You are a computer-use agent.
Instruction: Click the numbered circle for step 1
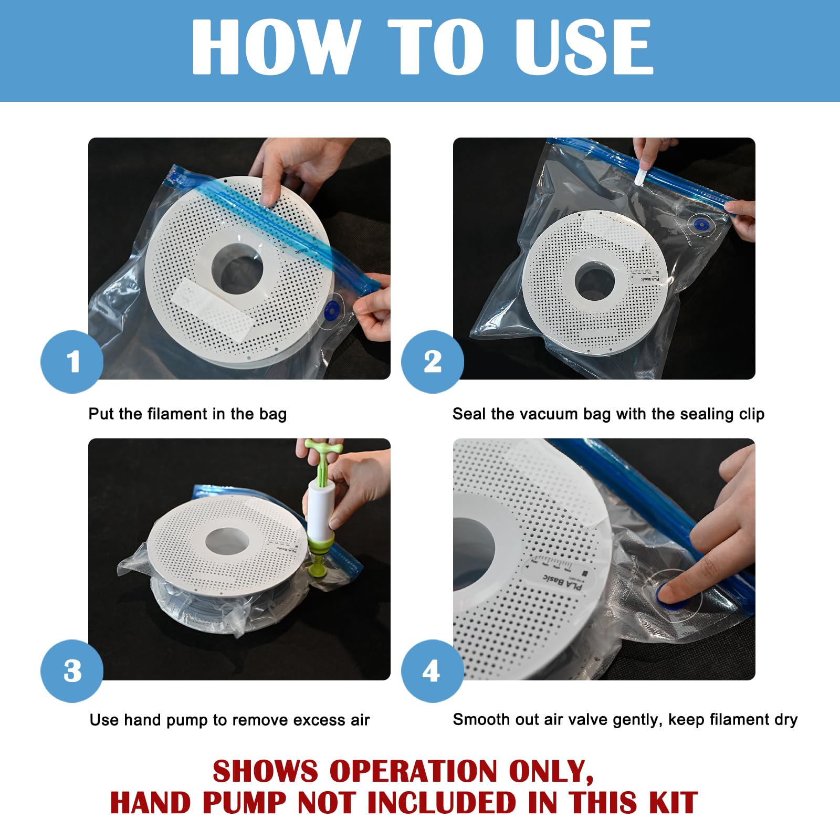click(72, 362)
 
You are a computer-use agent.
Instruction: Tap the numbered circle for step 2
click(433, 362)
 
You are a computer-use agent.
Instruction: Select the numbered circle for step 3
click(72, 671)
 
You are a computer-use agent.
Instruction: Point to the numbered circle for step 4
click(433, 671)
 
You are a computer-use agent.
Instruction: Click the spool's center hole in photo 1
click(237, 271)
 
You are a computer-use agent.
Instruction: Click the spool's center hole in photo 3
click(226, 542)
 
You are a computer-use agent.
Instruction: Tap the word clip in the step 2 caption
click(751, 414)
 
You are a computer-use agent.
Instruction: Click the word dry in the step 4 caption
click(786, 720)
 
